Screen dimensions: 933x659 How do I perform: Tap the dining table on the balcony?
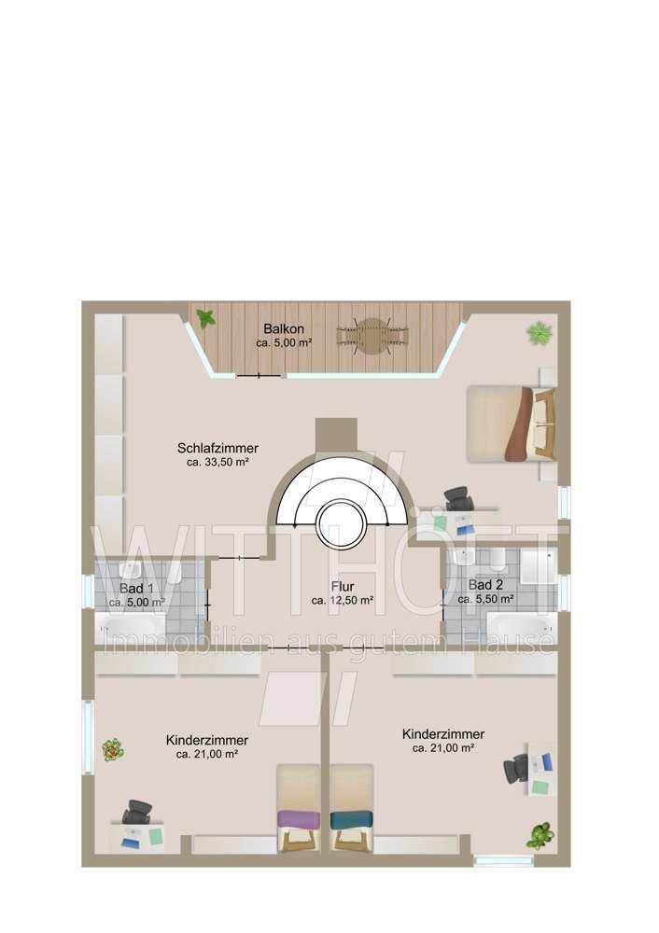tap(372, 336)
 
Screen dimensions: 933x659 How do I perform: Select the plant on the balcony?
tap(206, 318)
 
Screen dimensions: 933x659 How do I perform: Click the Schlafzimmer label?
tap(217, 448)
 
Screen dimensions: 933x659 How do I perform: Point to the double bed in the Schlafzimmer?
tap(512, 423)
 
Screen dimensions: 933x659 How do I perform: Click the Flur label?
tap(342, 587)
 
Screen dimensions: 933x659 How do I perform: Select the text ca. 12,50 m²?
tap(342, 602)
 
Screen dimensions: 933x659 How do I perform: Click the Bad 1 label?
tap(136, 589)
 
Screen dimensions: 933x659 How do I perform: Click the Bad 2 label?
tap(486, 586)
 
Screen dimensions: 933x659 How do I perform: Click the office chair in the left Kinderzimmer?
tap(137, 812)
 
